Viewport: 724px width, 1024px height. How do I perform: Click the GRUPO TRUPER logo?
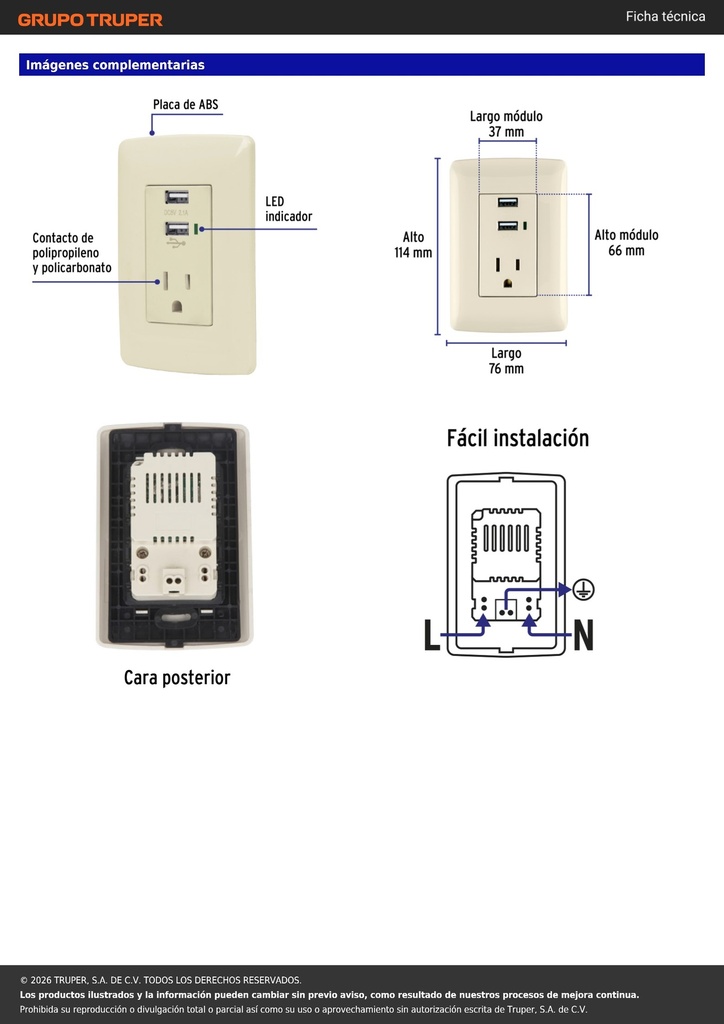[x=90, y=20]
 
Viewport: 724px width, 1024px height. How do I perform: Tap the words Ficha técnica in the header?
[x=665, y=16]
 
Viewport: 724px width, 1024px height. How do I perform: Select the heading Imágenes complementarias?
[x=116, y=65]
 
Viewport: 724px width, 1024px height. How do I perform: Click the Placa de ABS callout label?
[x=185, y=104]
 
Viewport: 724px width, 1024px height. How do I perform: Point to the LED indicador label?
[x=289, y=209]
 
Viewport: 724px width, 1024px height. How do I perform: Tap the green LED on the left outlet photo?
[x=197, y=229]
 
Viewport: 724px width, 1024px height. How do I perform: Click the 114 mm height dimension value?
[x=413, y=253]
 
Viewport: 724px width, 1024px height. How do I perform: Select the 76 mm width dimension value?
[x=506, y=368]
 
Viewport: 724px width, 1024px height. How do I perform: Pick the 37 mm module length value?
[x=506, y=132]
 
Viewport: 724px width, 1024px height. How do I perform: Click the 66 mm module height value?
[x=626, y=250]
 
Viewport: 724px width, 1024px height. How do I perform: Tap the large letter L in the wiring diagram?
[x=432, y=635]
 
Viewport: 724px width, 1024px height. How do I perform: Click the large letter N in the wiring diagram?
[x=583, y=635]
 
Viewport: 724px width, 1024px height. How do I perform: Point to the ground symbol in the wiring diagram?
[x=583, y=590]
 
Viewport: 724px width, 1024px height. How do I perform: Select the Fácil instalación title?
[x=518, y=438]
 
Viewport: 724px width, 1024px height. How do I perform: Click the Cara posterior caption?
[x=177, y=677]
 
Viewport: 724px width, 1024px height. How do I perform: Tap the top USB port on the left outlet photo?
[x=176, y=197]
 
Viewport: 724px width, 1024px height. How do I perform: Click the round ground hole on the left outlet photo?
[x=176, y=306]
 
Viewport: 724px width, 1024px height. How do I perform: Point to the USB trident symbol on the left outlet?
[x=176, y=242]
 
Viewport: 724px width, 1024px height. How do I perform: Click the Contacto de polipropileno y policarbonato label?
[x=72, y=253]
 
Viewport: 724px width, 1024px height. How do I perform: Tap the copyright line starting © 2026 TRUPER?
[x=161, y=980]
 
